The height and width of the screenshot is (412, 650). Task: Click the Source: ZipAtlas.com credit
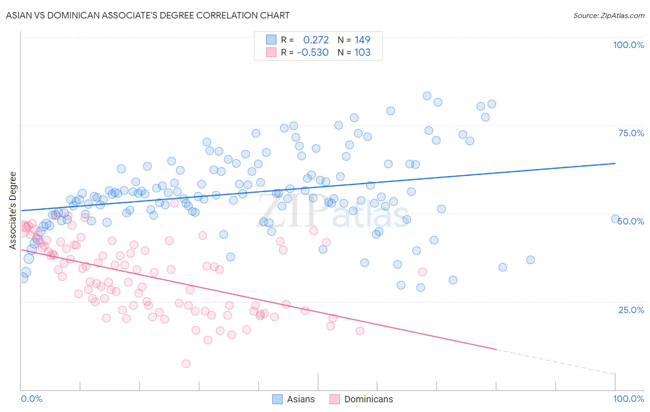(608, 15)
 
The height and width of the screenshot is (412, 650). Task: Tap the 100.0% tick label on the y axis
(628, 45)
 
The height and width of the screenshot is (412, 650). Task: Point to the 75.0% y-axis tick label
(631, 133)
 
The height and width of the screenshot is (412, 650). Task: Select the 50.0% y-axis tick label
(631, 221)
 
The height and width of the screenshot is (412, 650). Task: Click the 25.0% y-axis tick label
(631, 309)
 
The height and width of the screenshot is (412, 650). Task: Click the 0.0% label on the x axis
(31, 399)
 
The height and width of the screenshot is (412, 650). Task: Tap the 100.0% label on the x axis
(628, 399)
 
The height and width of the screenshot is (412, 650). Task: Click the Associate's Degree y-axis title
(13, 210)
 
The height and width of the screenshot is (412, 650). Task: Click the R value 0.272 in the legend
(316, 40)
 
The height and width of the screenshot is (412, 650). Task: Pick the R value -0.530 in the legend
(313, 52)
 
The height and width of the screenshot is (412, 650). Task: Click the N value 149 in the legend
(362, 40)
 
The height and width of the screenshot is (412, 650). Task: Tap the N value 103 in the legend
(362, 52)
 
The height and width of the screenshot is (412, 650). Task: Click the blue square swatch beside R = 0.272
(271, 40)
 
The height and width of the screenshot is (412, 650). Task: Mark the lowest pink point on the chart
(186, 364)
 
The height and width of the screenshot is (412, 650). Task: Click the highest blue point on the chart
(427, 96)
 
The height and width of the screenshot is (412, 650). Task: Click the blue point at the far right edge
(615, 219)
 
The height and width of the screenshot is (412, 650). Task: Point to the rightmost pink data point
(422, 272)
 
